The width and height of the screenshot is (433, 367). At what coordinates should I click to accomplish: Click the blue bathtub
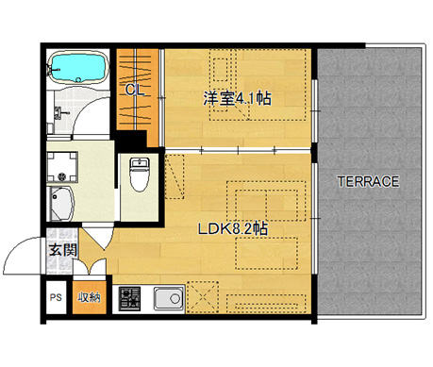[x=78, y=67]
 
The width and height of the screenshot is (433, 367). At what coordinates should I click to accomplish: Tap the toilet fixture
[x=139, y=174]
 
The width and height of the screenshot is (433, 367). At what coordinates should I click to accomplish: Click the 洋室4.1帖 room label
[x=236, y=97]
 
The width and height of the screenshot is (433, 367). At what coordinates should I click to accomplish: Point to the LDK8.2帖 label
[x=232, y=228]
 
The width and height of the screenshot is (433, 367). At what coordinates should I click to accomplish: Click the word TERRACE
[x=369, y=181]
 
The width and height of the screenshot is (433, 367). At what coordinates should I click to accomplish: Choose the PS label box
[x=57, y=299]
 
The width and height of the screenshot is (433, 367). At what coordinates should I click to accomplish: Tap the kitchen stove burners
[x=129, y=299]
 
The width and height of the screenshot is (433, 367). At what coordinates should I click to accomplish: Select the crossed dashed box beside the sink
[x=204, y=298]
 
